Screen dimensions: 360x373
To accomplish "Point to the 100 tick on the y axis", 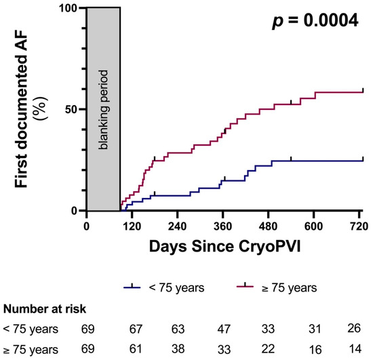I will [x=71, y=9].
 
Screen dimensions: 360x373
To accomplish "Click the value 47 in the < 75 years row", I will [x=223, y=329].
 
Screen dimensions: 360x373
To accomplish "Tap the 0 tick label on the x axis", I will [x=86, y=226].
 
